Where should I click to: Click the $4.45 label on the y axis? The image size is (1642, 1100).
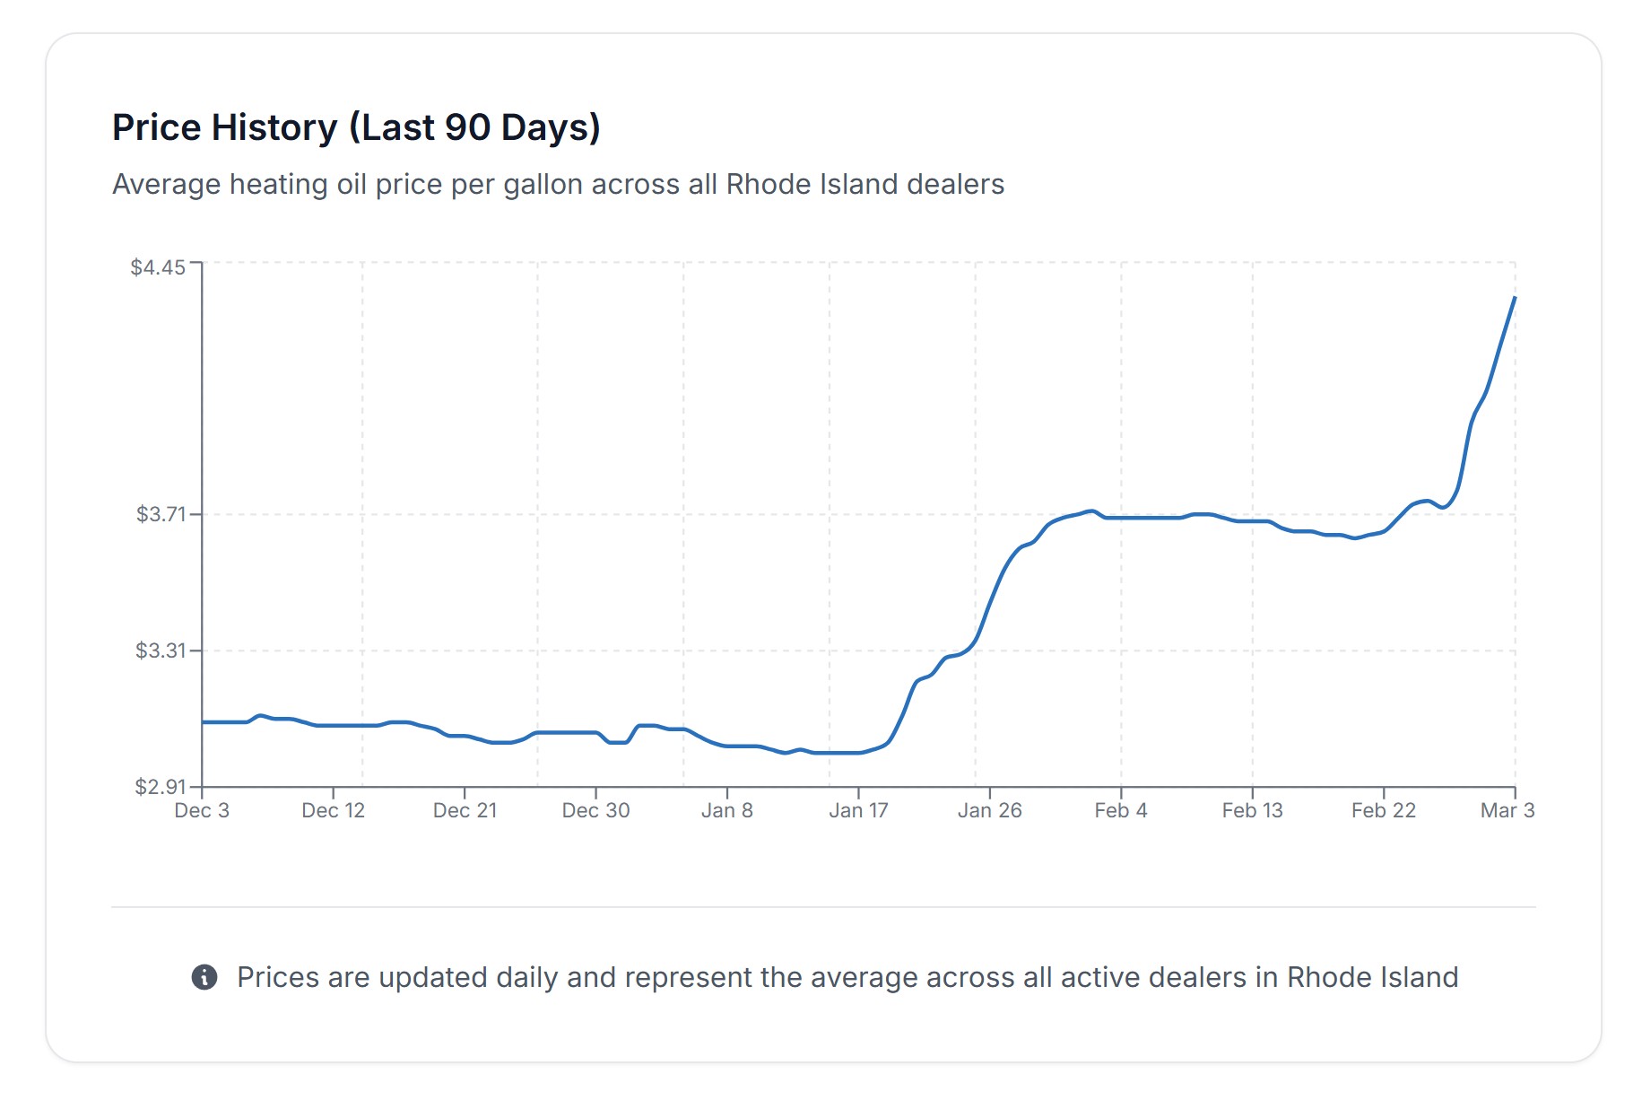(x=158, y=267)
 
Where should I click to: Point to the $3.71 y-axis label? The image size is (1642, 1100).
(x=161, y=514)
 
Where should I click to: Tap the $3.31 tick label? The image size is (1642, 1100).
(x=161, y=650)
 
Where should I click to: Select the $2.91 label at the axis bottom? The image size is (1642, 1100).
(x=161, y=787)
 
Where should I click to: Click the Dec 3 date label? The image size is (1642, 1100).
(x=202, y=811)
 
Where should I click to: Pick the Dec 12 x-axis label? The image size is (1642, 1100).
(x=333, y=811)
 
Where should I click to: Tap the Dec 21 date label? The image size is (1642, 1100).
(x=465, y=811)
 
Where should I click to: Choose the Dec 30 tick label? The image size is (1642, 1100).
(x=595, y=811)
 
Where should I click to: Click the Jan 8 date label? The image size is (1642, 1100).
(x=726, y=811)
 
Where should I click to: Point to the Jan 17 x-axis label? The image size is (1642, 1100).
(x=858, y=811)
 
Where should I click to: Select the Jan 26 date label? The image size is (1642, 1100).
(x=989, y=811)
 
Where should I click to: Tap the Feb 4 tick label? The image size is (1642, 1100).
(x=1121, y=811)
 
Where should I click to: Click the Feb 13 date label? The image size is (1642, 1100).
(x=1252, y=811)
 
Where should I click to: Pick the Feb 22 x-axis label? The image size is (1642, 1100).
(x=1383, y=811)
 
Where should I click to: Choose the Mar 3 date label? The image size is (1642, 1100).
(x=1507, y=811)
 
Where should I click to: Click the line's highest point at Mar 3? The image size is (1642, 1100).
(x=1515, y=298)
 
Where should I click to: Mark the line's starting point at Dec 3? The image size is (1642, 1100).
(x=203, y=722)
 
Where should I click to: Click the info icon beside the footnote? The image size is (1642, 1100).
(x=204, y=977)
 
